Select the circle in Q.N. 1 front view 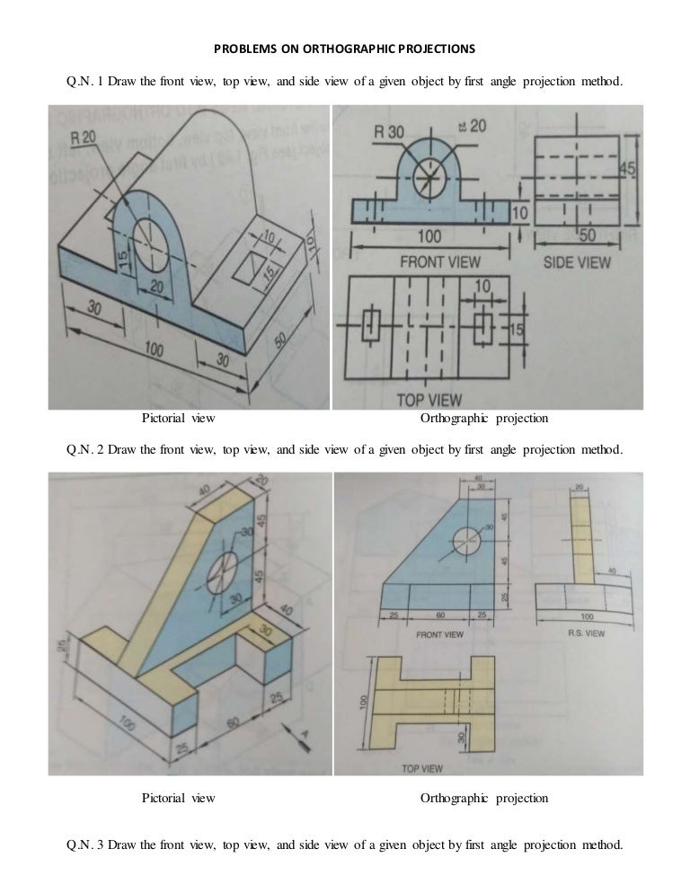[x=430, y=168]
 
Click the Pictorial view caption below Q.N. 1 [x=178, y=419]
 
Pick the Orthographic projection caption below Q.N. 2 [x=483, y=798]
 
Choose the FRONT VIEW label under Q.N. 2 [x=439, y=633]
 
